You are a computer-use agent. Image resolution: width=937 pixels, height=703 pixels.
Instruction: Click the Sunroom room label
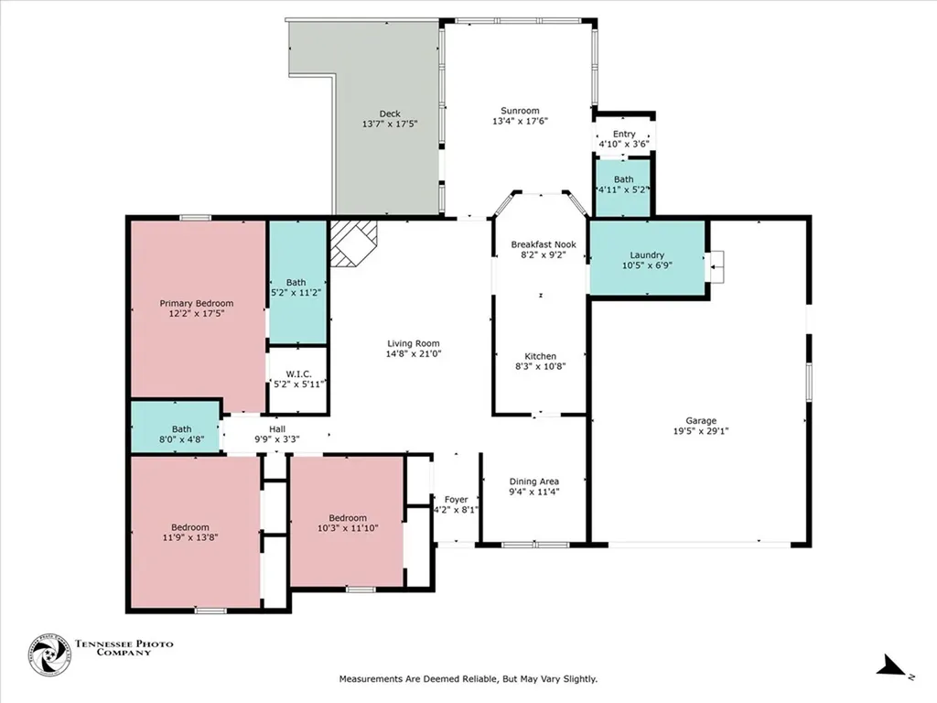click(x=519, y=111)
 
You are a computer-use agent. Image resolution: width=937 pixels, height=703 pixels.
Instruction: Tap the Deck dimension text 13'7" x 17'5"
click(x=390, y=124)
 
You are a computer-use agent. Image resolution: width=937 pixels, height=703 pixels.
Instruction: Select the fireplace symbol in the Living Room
click(x=352, y=242)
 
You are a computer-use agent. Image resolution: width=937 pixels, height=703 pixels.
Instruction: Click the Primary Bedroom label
click(x=196, y=303)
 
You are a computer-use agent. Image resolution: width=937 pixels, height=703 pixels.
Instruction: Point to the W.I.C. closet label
click(x=297, y=373)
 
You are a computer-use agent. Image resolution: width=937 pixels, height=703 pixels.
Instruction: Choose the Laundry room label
click(x=646, y=255)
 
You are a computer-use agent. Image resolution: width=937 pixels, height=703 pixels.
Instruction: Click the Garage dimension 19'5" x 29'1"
click(x=702, y=431)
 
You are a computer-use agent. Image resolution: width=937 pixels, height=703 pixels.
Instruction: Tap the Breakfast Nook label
click(x=543, y=244)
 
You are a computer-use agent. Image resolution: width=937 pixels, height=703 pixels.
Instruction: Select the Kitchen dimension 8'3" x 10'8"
click(x=539, y=367)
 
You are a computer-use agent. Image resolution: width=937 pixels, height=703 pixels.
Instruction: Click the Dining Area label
click(x=533, y=481)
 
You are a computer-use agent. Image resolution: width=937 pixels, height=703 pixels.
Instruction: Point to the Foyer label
click(x=456, y=500)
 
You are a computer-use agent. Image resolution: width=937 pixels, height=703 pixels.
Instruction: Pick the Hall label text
click(x=277, y=428)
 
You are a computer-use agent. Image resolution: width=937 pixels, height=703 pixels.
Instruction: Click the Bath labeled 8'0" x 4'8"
click(x=181, y=428)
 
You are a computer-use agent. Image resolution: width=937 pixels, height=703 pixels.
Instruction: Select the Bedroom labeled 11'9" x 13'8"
click(x=190, y=527)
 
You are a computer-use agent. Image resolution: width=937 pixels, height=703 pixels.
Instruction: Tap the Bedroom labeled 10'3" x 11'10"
click(x=348, y=518)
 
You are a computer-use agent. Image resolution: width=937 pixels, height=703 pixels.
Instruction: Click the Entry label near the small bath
click(x=623, y=135)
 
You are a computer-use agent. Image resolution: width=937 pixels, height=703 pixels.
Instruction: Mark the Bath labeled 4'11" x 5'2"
click(x=623, y=179)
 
